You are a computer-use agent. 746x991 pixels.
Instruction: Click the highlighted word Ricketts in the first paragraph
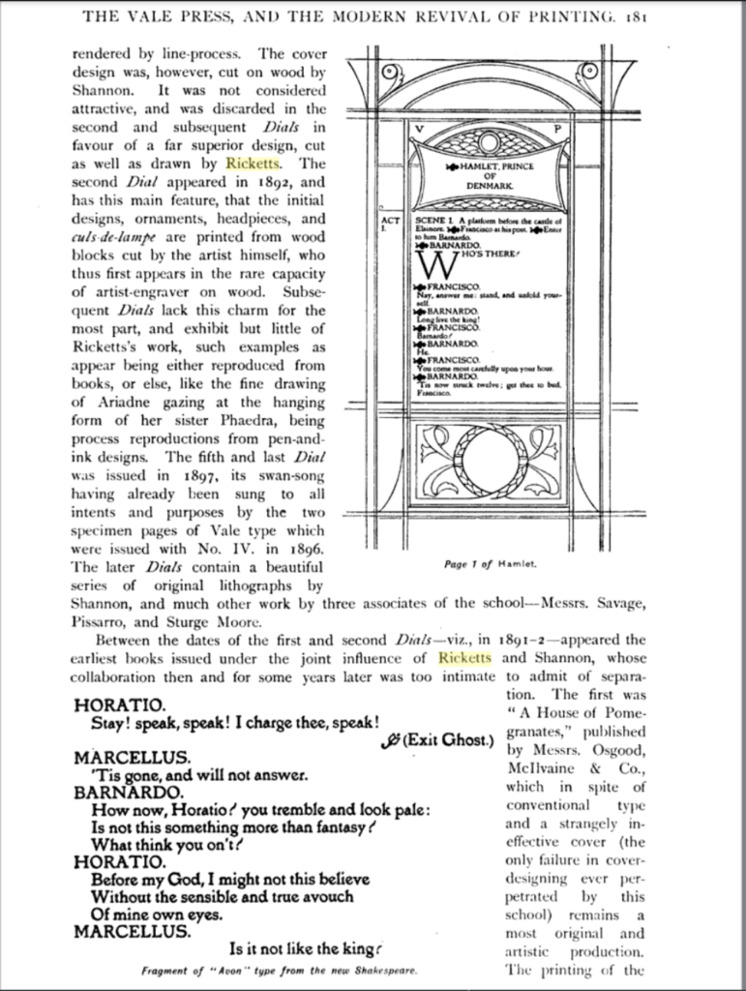pyautogui.click(x=252, y=163)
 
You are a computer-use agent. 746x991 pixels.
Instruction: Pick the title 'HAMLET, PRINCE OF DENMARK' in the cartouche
pyautogui.click(x=490, y=175)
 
